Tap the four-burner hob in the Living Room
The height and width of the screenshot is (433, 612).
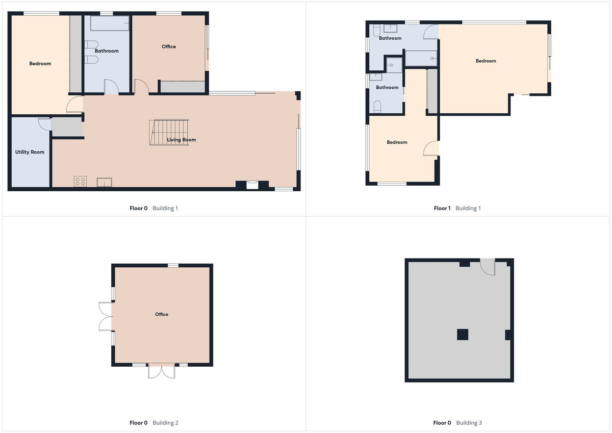click(80, 182)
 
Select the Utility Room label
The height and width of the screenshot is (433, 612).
click(30, 152)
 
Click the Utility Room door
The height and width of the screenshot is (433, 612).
click(44, 125)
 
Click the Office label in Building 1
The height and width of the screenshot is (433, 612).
click(169, 46)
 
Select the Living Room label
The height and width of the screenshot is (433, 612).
click(182, 140)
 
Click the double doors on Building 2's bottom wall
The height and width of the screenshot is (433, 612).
click(162, 371)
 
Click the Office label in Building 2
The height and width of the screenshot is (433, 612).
click(162, 314)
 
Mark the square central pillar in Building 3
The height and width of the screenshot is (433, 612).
click(462, 335)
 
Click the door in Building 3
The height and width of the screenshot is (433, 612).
click(488, 267)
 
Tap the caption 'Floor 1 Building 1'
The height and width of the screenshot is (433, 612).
click(457, 208)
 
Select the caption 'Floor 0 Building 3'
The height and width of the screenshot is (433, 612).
click(457, 423)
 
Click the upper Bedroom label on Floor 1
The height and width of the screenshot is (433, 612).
click(486, 61)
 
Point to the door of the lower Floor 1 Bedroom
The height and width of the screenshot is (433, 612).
click(431, 148)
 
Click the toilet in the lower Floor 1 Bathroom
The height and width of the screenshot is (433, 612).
click(377, 107)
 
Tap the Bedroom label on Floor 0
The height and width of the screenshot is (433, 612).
click(40, 64)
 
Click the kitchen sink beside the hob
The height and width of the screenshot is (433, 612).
click(105, 182)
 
